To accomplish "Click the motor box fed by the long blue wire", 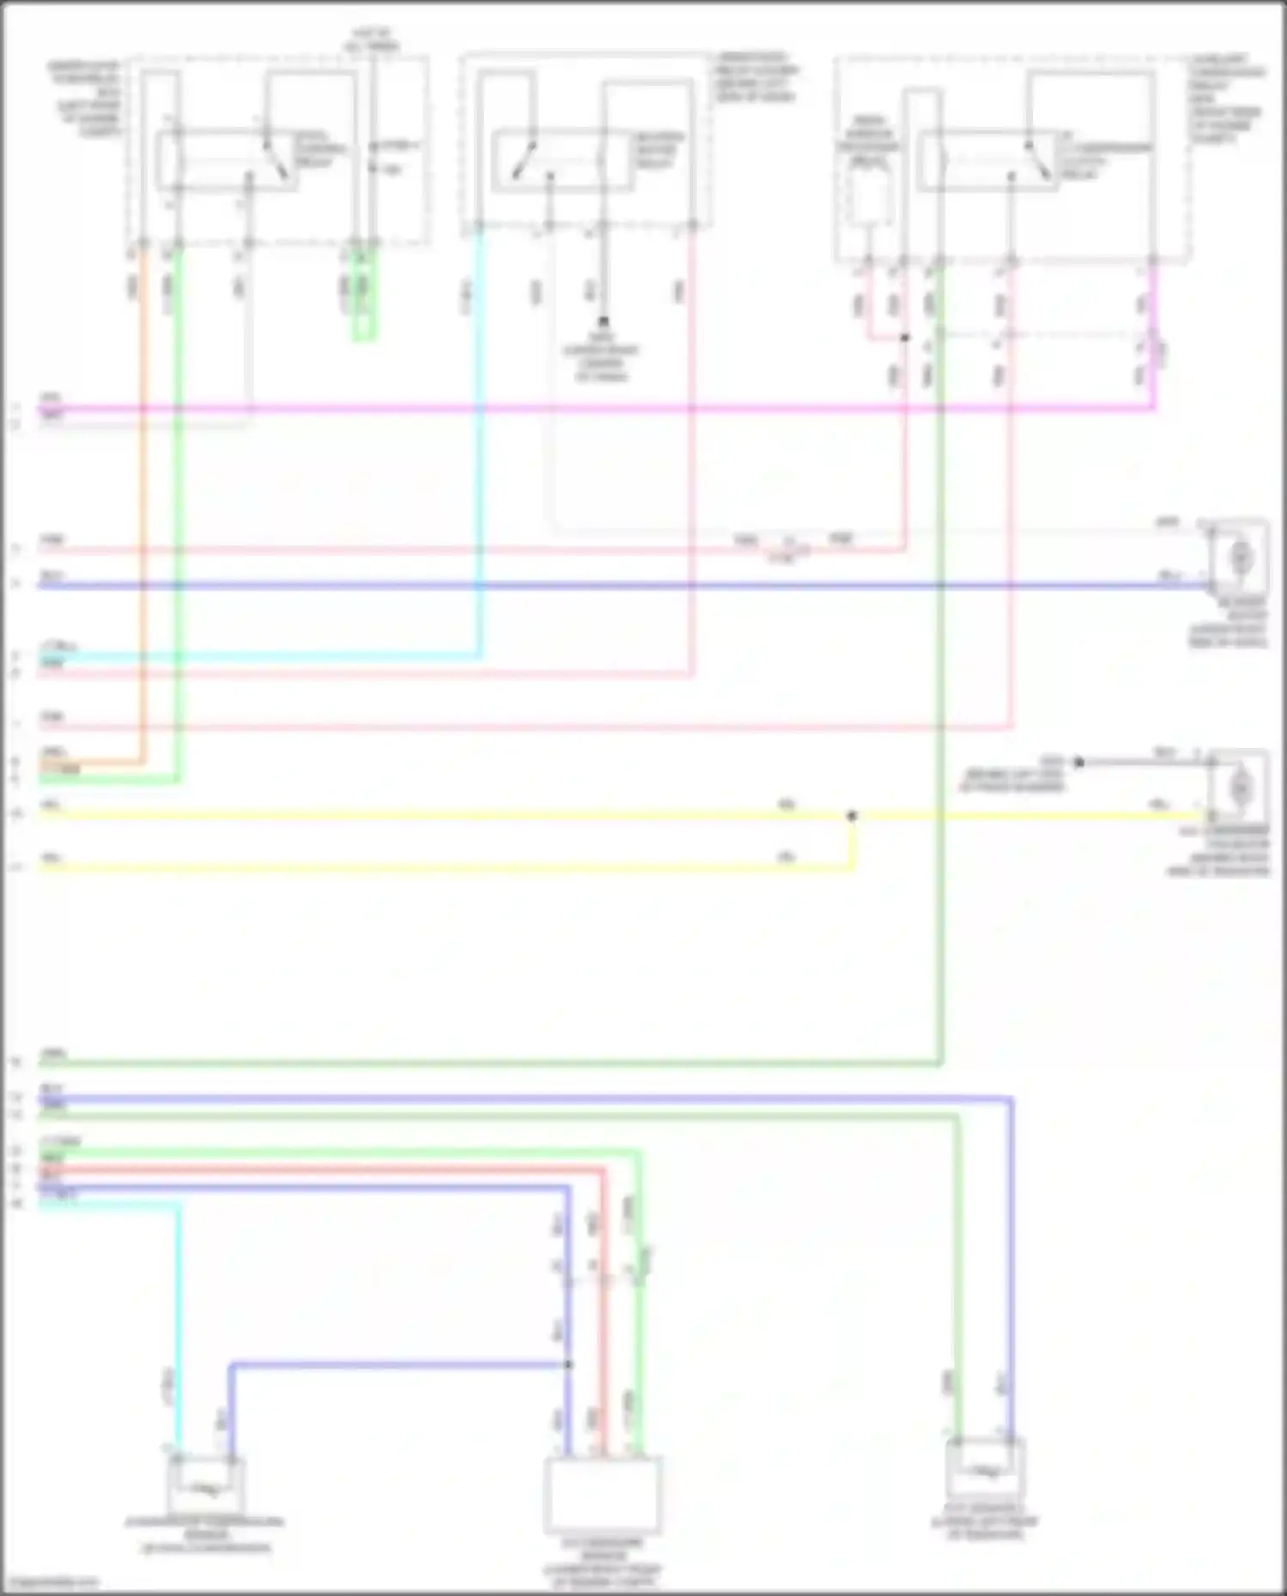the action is click(x=1239, y=558).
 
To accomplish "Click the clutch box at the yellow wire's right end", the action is click(x=1239, y=786).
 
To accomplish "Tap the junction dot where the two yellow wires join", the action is click(x=851, y=816).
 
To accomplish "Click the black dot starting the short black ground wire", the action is click(x=1079, y=762).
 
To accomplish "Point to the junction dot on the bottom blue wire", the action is click(x=568, y=1364).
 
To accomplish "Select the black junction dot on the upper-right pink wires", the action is click(x=904, y=338).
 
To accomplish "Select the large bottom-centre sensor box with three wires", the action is click(x=603, y=1494).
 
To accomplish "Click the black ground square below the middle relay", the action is click(x=603, y=322).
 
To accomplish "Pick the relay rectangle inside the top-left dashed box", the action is click(x=227, y=161).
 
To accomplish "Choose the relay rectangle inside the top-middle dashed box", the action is click(x=562, y=160).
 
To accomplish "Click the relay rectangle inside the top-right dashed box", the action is click(x=987, y=161).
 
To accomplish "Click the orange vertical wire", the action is click(x=142, y=515).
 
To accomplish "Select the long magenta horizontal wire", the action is click(x=601, y=408).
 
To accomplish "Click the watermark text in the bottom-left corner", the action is click(x=50, y=1582).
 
